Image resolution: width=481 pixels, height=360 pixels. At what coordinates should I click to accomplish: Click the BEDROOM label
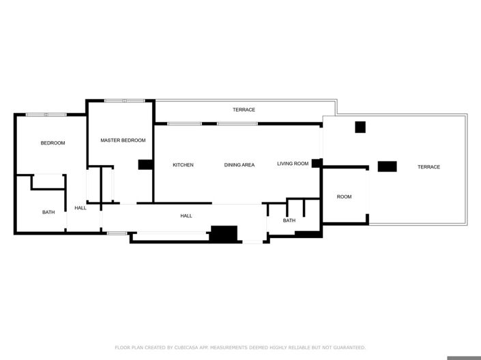[53, 143]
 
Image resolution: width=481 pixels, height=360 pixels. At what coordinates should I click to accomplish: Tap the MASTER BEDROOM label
[123, 140]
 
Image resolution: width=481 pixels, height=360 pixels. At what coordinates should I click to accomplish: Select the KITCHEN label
[183, 165]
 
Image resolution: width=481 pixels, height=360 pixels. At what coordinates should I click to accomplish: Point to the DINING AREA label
[239, 165]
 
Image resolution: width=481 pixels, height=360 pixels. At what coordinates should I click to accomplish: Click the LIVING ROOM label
[293, 164]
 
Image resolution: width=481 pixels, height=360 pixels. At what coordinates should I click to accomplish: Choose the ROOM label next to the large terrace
[344, 197]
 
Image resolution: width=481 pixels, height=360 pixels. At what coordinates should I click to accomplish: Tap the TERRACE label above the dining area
[244, 110]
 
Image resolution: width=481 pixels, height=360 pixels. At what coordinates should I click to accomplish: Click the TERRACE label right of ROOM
[428, 167]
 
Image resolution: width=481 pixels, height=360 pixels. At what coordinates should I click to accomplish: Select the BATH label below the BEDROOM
[48, 212]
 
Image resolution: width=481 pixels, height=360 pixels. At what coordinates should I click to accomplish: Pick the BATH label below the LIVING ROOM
[289, 220]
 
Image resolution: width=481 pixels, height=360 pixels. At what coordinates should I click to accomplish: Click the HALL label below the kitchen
[186, 216]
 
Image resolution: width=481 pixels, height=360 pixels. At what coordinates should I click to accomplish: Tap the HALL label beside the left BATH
[81, 208]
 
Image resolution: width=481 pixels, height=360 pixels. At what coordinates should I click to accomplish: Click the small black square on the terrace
[360, 127]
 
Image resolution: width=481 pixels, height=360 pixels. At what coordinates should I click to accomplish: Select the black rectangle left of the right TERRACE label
[387, 166]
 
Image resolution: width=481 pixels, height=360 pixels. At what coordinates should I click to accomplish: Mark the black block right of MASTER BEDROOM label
[145, 164]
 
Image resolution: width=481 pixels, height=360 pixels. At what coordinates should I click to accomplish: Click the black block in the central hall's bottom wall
[223, 233]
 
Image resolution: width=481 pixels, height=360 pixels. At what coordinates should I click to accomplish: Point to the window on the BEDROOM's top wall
[46, 115]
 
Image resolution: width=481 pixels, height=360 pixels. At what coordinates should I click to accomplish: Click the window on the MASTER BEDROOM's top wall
[125, 101]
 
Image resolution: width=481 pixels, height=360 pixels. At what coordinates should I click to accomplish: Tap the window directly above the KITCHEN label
[184, 123]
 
